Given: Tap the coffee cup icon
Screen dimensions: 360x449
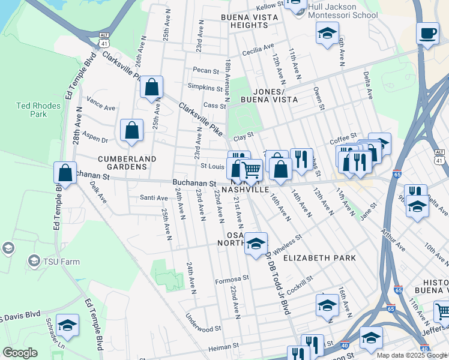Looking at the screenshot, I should [427, 34].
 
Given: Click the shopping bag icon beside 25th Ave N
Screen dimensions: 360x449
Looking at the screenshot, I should [152, 87].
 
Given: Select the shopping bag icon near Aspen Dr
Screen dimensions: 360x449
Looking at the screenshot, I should [131, 130].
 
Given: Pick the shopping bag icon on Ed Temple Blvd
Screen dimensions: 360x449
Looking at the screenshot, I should [65, 173].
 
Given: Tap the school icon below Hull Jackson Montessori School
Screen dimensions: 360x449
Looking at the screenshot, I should [327, 34].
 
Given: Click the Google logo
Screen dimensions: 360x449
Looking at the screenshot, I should [20, 353].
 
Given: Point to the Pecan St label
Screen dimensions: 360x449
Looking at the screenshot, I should [206, 71].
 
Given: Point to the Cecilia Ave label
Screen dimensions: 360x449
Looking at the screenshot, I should [258, 52].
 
